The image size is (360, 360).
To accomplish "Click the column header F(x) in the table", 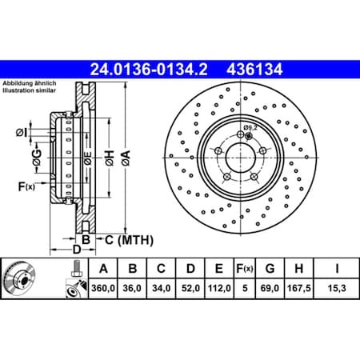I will [242, 268].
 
